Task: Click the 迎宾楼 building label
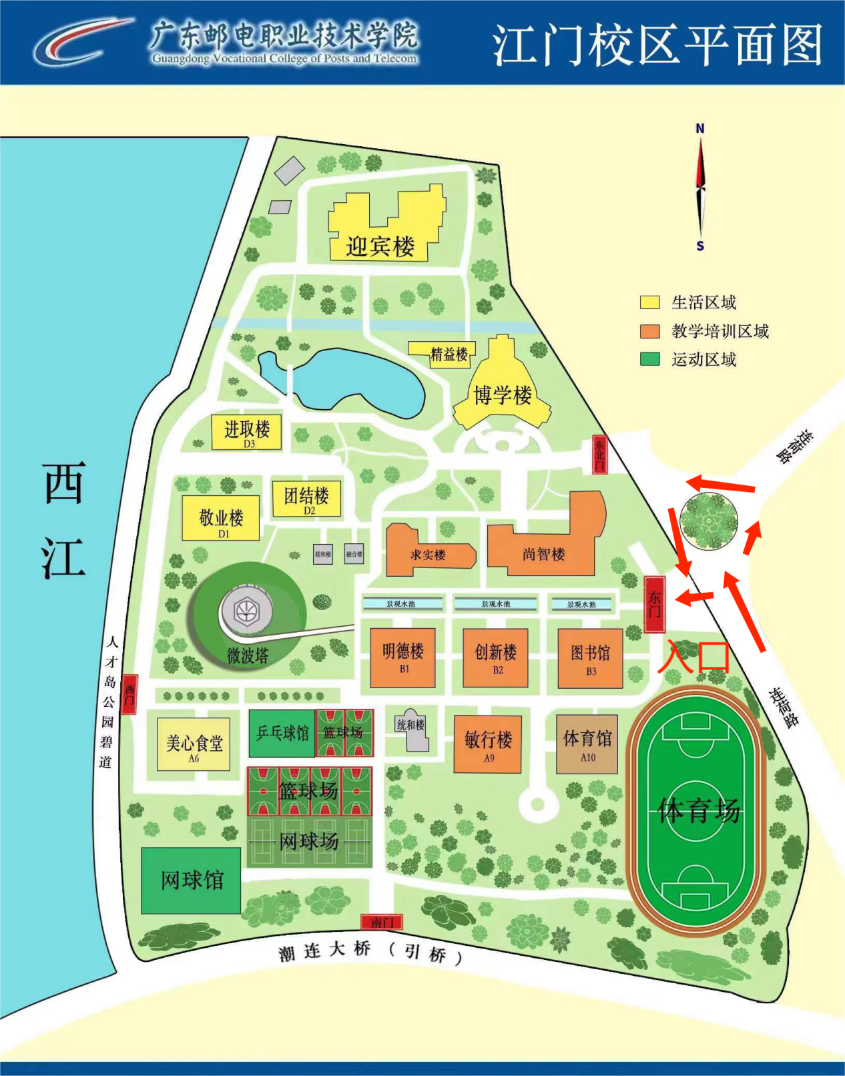(x=380, y=246)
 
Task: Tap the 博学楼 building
(x=503, y=395)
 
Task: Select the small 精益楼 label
(x=449, y=354)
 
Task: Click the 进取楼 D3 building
(x=246, y=432)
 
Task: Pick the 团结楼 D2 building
(x=306, y=499)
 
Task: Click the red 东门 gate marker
(x=655, y=604)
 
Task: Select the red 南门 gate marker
(x=382, y=922)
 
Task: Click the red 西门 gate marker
(x=129, y=694)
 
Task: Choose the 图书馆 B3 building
(x=590, y=657)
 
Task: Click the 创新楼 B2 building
(x=495, y=657)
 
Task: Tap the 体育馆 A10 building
(x=587, y=744)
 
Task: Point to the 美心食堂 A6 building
(x=194, y=744)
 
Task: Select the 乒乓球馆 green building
(x=282, y=733)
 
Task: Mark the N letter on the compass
(x=699, y=128)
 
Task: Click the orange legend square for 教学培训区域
(x=649, y=331)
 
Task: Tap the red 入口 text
(x=694, y=656)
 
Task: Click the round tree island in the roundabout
(x=708, y=521)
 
